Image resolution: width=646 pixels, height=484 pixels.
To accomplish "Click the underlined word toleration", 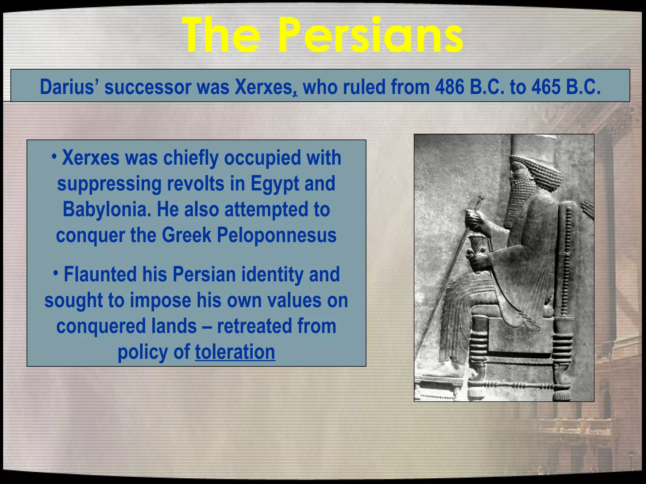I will click(235, 352).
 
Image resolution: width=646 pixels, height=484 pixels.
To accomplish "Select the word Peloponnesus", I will click(277, 235).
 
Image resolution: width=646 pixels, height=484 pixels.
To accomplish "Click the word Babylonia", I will click(107, 209).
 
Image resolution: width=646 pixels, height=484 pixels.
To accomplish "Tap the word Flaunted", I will click(100, 274).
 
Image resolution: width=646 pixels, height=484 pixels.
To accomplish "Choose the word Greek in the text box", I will click(186, 235).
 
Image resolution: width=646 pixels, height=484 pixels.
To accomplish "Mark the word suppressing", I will click(109, 184).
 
